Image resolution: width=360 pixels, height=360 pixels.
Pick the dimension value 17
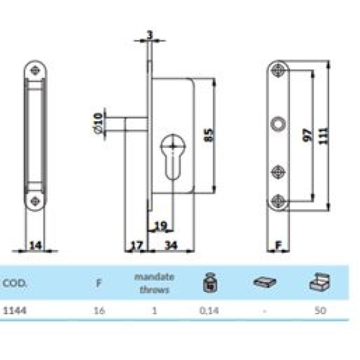point(136,246)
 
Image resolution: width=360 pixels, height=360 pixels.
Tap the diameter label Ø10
point(98,123)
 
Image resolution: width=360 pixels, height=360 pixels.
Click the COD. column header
point(14,284)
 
